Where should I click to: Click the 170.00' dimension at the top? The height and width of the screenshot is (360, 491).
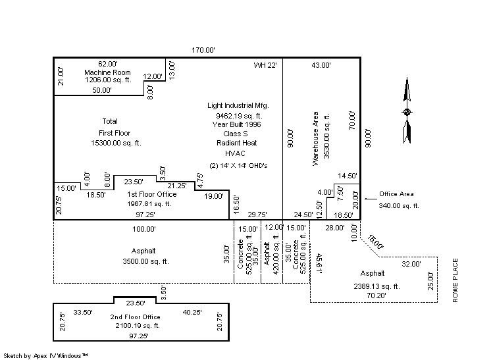[x=203, y=50]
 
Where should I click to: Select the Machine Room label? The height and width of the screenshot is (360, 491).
[x=107, y=72]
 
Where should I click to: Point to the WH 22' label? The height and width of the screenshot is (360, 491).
[x=265, y=65]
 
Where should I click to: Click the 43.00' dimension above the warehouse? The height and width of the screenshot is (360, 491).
[x=321, y=65]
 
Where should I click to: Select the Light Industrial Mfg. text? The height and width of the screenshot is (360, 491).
[x=238, y=105]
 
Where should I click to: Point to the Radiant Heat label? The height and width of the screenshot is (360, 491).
[x=237, y=143]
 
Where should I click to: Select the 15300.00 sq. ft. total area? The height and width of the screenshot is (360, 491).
[x=110, y=142]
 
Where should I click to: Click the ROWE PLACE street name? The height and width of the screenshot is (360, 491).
[x=455, y=280]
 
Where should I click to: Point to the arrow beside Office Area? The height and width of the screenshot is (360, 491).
[x=370, y=195]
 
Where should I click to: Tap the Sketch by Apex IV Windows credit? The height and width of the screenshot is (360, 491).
[x=46, y=355]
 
